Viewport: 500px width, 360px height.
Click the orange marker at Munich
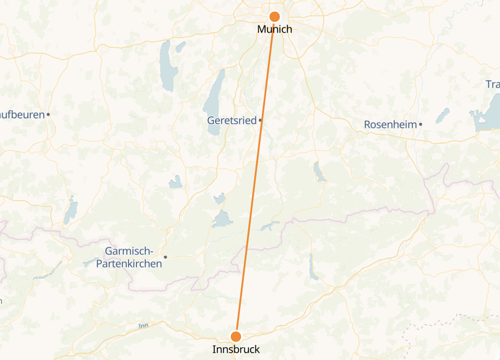tap(275, 17)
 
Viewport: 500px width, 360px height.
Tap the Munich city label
tap(275, 29)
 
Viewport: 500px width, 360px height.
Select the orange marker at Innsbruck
tap(236, 337)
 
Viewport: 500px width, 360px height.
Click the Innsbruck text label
tap(236, 349)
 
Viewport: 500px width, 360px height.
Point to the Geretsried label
tap(232, 120)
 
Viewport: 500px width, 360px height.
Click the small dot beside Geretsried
tap(261, 120)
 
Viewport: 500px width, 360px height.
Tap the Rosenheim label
tap(390, 125)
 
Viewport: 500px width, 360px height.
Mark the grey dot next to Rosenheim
tap(421, 124)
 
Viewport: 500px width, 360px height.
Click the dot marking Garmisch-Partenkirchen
tap(165, 257)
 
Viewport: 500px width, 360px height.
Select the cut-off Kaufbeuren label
tap(22, 115)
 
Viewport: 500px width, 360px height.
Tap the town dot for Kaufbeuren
tap(48, 114)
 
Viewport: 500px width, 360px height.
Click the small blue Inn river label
tap(143, 326)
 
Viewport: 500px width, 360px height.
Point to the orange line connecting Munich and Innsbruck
tap(255, 176)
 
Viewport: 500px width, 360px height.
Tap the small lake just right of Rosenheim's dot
tap(442, 115)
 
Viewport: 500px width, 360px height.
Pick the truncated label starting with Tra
tap(493, 84)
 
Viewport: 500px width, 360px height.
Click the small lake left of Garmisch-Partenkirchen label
tap(90, 263)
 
